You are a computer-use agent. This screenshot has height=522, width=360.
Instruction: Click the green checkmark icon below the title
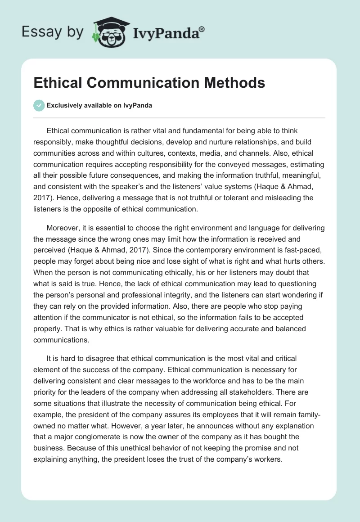pos(39,105)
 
